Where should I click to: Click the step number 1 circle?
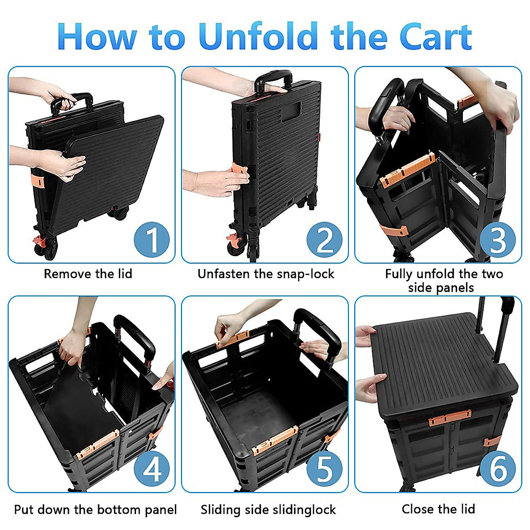(x=151, y=239)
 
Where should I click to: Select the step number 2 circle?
(x=325, y=239)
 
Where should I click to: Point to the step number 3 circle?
(x=498, y=239)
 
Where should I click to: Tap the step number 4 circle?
(x=151, y=469)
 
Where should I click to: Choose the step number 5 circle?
(x=325, y=469)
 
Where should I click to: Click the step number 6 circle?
(x=498, y=469)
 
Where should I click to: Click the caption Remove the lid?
(x=88, y=274)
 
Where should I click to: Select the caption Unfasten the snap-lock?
(x=265, y=274)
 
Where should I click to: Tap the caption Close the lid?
(x=438, y=509)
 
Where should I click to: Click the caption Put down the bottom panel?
(x=95, y=510)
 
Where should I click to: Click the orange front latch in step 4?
(x=98, y=446)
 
